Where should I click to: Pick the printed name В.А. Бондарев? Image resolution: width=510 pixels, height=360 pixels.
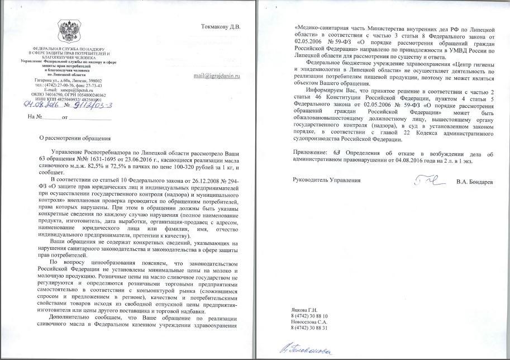pyautogui.click(x=474, y=181)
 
